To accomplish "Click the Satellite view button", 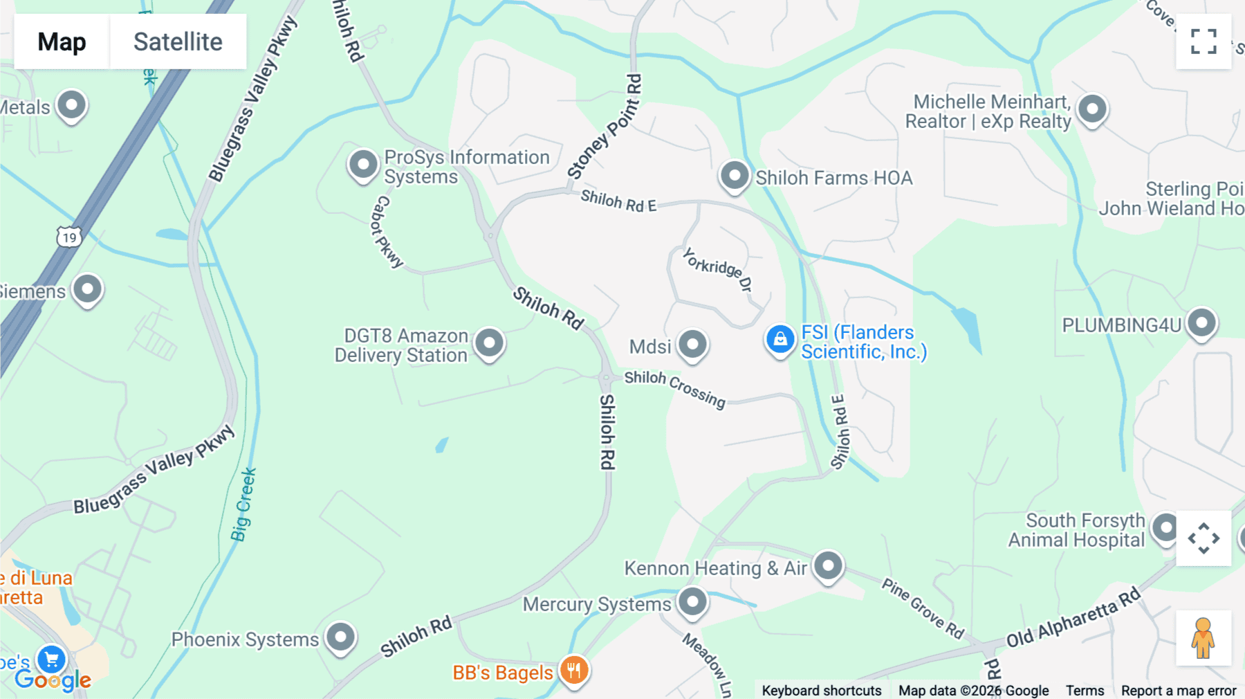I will tap(178, 42).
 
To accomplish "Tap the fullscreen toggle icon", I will tap(1203, 42).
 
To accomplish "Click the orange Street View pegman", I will tap(1203, 637).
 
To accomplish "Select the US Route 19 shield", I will tap(69, 237).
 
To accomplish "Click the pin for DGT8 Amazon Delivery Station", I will tap(489, 343).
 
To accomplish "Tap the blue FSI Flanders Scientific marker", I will tap(780, 340).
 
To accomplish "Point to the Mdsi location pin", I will tap(692, 344).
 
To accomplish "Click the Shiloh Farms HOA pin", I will tap(734, 176).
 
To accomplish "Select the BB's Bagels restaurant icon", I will tap(574, 670).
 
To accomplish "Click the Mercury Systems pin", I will tap(692, 601).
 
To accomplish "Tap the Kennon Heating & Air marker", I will tap(828, 566).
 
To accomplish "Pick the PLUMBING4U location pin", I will tap(1201, 323).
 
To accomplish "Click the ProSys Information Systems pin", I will tap(363, 165).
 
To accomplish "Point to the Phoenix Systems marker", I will tap(340, 637).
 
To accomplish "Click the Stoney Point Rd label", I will tap(605, 127).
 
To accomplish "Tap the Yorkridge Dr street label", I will tap(717, 269).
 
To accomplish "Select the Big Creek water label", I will tap(243, 505).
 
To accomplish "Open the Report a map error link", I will tap(1179, 691).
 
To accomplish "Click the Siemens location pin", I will tap(88, 289).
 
